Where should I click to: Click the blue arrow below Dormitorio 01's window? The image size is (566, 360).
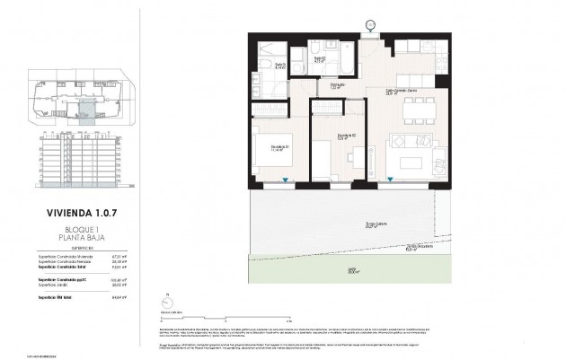click(x=285, y=182)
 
